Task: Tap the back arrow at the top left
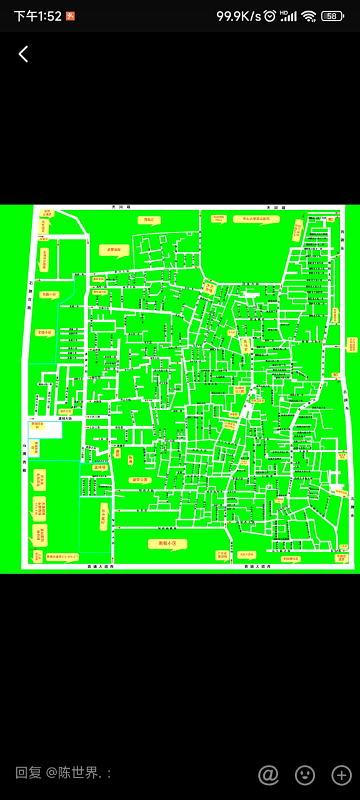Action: pos(23,54)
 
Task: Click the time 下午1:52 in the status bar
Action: pos(37,16)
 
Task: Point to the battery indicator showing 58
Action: pos(332,16)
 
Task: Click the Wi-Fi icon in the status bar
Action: pos(308,16)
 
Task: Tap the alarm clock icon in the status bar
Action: pos(269,16)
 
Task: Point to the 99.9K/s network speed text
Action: pos(239,16)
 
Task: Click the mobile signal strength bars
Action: pos(288,16)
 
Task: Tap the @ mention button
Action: pos(268,775)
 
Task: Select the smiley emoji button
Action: pos(305,775)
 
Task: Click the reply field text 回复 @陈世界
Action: pos(63,773)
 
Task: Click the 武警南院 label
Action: pos(114,250)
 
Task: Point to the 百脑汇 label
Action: pos(149,220)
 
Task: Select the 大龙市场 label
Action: pos(211,288)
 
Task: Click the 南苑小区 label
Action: pos(168,544)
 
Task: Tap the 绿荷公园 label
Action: pos(139,480)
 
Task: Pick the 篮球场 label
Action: pos(100,467)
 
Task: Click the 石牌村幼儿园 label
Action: pos(238,389)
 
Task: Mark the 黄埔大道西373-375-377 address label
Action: pos(62,556)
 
